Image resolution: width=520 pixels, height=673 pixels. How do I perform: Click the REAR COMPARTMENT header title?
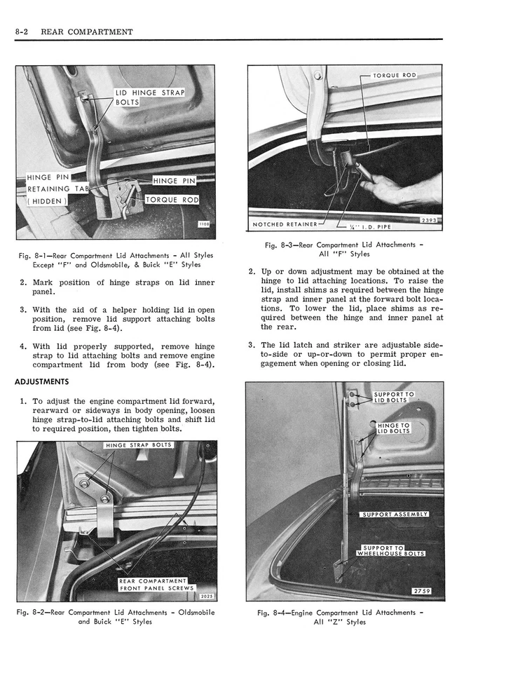(x=87, y=32)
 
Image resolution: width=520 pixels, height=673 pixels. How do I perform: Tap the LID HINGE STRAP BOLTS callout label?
(x=149, y=97)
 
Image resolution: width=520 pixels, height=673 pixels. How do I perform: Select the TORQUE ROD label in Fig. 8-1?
(x=172, y=200)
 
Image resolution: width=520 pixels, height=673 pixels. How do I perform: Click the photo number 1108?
(x=205, y=224)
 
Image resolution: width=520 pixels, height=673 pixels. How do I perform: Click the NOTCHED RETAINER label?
(x=285, y=224)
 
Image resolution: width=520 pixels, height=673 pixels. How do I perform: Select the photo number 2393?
(x=429, y=220)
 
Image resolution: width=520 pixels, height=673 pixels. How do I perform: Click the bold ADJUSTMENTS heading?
(x=42, y=382)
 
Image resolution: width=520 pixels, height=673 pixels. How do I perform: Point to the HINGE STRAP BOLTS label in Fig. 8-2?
(x=138, y=445)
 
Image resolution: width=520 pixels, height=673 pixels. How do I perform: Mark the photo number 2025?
(x=206, y=596)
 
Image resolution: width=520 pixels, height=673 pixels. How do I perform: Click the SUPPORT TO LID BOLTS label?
(x=394, y=397)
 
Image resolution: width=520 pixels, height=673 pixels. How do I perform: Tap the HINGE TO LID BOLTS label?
(x=394, y=428)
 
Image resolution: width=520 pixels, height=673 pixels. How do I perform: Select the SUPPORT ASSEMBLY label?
(x=395, y=514)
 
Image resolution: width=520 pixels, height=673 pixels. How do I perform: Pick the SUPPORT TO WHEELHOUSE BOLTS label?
(x=390, y=550)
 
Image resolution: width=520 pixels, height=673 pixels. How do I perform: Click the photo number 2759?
(x=422, y=591)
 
